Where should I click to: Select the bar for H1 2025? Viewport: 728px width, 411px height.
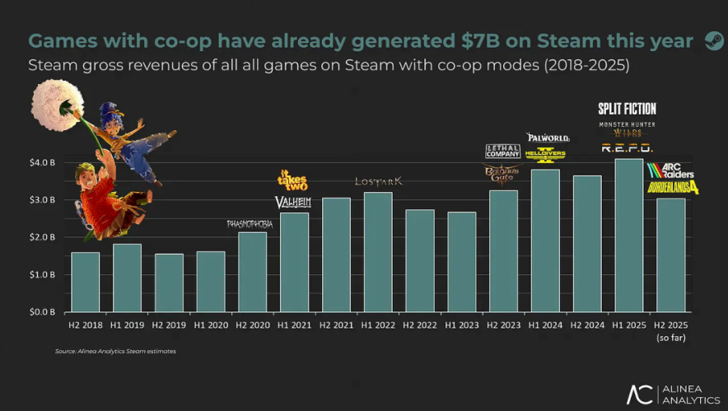[628, 236]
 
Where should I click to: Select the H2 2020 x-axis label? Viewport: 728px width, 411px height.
[252, 326]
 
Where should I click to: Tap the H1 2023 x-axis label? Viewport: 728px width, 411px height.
[461, 326]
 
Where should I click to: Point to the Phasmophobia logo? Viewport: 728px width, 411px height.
[250, 224]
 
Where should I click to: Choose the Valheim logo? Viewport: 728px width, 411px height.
[293, 203]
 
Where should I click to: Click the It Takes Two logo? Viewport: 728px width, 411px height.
[293, 180]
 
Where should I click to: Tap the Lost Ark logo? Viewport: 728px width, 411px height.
[378, 181]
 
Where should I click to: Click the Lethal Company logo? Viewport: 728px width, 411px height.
[502, 151]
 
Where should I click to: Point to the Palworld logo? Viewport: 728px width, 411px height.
[544, 137]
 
